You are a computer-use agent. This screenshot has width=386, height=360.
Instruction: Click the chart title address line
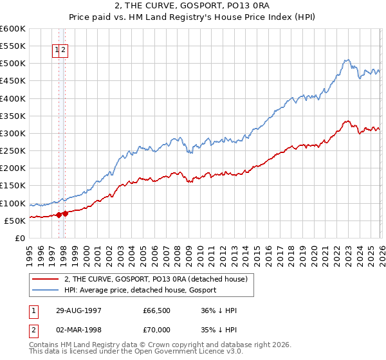(x=193, y=7)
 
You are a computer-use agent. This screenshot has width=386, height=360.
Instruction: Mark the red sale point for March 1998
(x=65, y=213)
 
